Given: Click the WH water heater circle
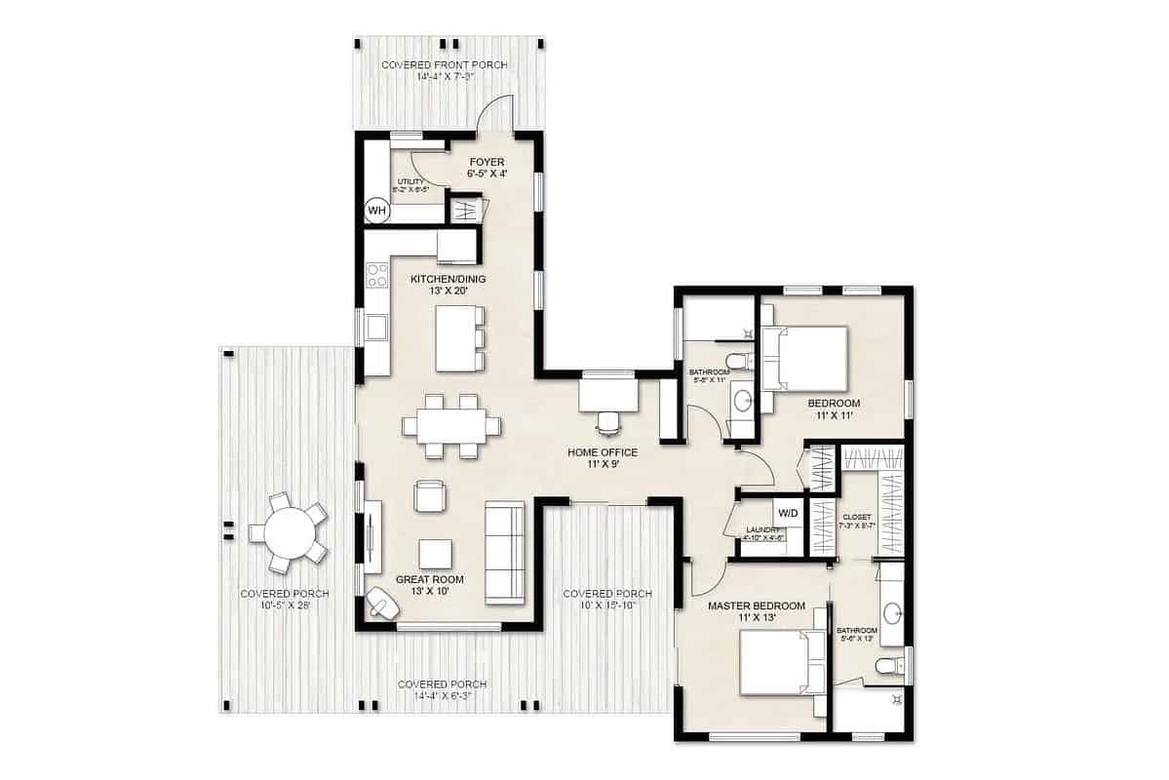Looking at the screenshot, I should [376, 211].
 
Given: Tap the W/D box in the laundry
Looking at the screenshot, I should [788, 513].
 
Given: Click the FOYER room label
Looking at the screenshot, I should [486, 163].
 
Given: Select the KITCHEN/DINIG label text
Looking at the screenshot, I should [448, 279].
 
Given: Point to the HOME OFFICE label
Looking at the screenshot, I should [603, 452].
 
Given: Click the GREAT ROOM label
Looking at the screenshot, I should [430, 579].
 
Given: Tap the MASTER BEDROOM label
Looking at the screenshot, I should [756, 606].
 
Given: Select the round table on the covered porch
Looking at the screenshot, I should [289, 532].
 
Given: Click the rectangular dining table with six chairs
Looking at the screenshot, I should [452, 426].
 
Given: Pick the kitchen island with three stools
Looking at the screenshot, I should [455, 338].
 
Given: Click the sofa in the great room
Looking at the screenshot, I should [505, 552].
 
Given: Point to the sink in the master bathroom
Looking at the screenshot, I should [892, 613].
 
